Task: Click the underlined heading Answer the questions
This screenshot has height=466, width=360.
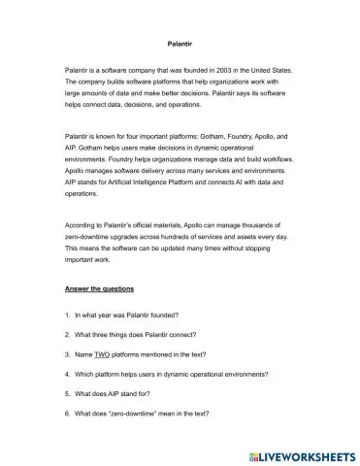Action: (99, 289)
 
